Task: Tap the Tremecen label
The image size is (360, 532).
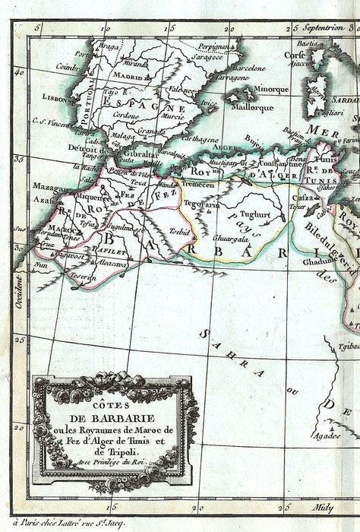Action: pyautogui.click(x=197, y=184)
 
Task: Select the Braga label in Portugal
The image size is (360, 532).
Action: pyautogui.click(x=110, y=46)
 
